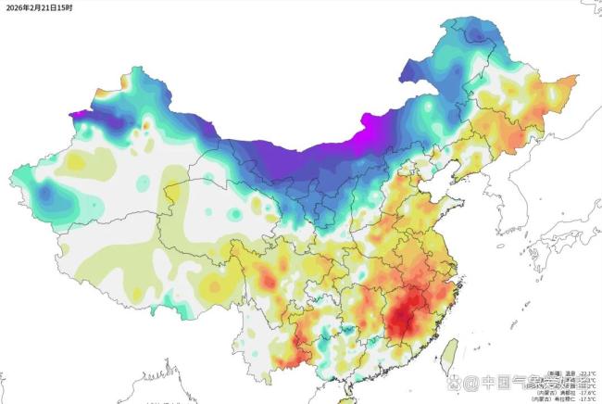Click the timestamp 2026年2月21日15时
39,7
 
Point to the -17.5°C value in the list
585,399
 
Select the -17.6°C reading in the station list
585,392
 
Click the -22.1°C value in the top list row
585,372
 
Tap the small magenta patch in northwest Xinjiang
80,116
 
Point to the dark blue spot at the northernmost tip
475,34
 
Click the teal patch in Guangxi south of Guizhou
345,331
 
